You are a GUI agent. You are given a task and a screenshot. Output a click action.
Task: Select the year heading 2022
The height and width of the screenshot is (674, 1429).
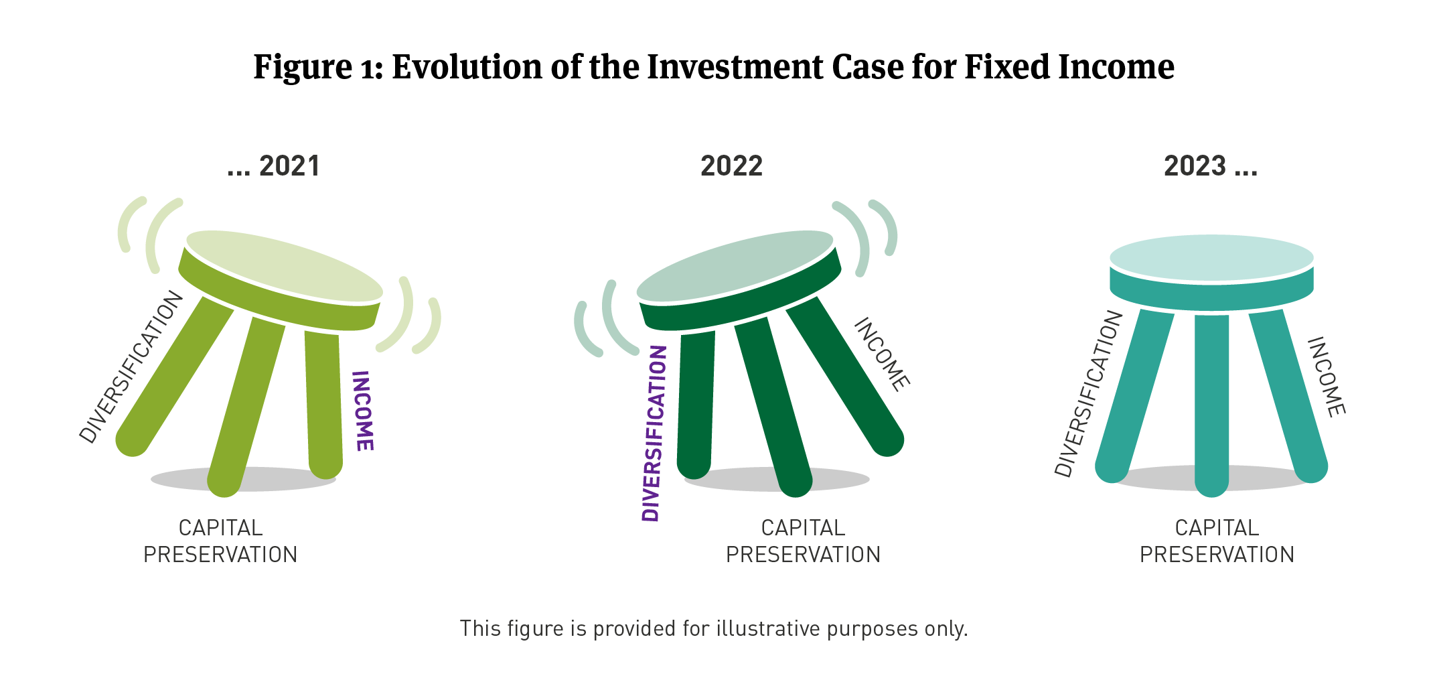pos(731,166)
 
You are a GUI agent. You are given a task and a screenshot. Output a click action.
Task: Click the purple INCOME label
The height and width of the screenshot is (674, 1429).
pos(362,411)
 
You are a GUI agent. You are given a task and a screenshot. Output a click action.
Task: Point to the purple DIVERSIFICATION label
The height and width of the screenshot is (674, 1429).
pos(655,433)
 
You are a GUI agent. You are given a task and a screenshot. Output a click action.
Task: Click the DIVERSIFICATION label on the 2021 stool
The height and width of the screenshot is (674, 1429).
pos(131,366)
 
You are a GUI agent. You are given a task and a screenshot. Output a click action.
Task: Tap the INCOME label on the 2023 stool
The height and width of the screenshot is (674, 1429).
pos(1327,377)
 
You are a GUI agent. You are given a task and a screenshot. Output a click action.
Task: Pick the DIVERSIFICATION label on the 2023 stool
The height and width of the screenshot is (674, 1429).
pos(1088,393)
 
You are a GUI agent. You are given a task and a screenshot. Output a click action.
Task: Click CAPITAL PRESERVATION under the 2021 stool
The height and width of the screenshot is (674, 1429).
pos(220,541)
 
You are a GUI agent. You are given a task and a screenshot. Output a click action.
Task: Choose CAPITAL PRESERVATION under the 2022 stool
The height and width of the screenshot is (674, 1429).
pos(803,541)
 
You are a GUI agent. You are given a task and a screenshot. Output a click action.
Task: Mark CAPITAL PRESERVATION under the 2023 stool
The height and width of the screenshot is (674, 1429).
pos(1217,541)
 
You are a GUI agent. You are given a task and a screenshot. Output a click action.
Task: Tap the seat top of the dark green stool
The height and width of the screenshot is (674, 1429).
pos(735,266)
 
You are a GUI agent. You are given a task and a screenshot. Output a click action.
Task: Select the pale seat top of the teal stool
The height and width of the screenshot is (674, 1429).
pos(1211,258)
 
